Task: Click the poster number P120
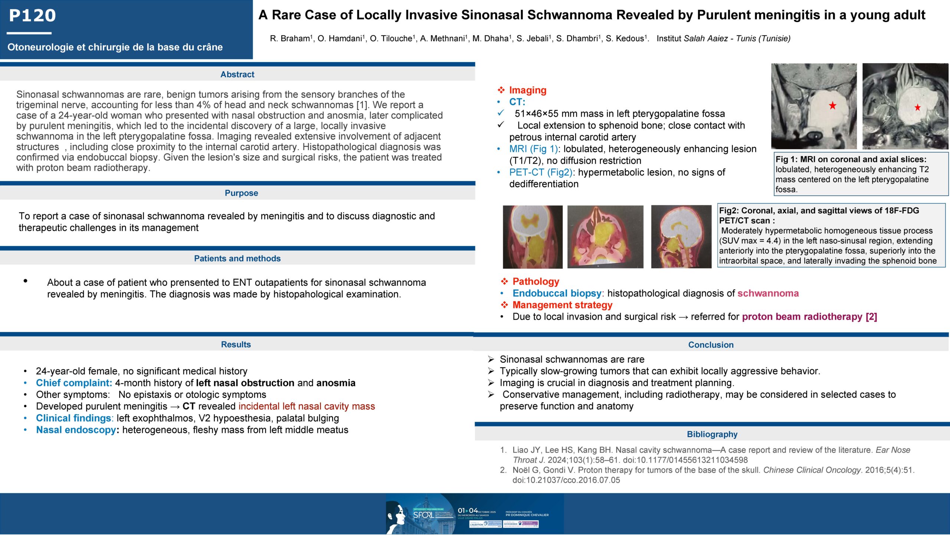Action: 32,16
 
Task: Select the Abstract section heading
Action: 237,74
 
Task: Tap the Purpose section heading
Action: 241,193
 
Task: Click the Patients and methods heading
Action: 237,258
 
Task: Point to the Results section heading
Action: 236,344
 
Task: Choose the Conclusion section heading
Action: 711,345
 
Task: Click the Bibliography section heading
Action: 712,434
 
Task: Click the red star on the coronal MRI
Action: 833,106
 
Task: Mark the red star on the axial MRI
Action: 917,108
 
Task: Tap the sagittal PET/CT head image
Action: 681,237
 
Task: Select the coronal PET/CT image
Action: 533,237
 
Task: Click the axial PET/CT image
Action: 605,237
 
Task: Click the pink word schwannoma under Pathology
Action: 768,293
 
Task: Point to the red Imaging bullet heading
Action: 527,90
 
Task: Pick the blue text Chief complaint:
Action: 74,383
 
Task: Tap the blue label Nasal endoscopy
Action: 76,430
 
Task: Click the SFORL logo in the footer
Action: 423,515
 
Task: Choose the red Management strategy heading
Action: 562,305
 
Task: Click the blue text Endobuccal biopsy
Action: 557,293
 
